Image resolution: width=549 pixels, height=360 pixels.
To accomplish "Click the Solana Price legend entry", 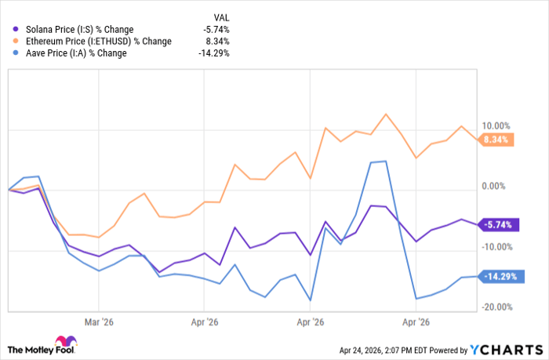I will tap(78, 30).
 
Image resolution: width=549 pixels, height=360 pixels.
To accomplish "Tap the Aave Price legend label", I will tap(75, 53).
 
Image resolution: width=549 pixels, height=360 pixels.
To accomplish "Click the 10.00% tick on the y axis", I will tap(496, 125).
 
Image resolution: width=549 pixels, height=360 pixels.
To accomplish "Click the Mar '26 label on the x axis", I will tap(98, 322).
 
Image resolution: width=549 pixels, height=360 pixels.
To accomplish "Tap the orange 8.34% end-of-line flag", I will tap(495, 140).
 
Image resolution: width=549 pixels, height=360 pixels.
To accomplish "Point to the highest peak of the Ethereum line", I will tap(385, 115).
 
